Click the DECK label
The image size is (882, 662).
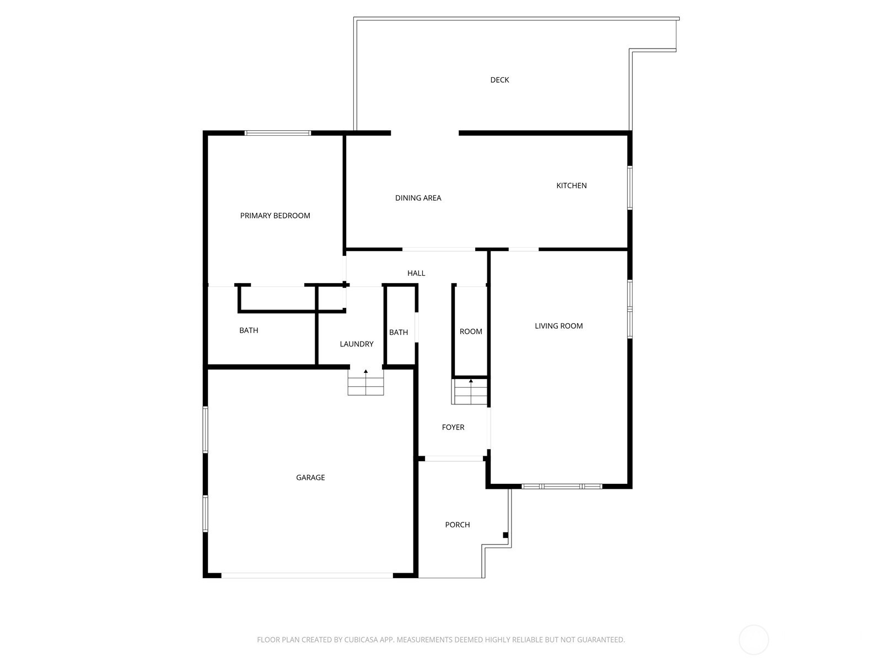[499, 80]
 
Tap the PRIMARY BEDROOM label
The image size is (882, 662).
[275, 216]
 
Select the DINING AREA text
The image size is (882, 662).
[418, 197]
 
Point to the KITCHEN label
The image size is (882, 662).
[571, 185]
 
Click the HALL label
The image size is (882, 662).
[416, 273]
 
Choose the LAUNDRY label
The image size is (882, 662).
[357, 344]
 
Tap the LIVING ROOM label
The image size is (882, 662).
[558, 326]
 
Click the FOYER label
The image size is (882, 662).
[453, 427]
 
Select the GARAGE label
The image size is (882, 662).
[310, 478]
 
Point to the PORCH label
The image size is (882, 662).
[458, 525]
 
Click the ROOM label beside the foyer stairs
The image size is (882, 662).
[471, 332]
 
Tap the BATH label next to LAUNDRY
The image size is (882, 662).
[398, 333]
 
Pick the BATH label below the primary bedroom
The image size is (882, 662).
[249, 330]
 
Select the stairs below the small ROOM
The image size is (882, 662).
[469, 392]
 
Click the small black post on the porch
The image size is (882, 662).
[505, 535]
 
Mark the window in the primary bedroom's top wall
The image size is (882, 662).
[278, 133]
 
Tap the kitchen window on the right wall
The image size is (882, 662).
[630, 188]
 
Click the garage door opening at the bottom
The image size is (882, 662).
[307, 575]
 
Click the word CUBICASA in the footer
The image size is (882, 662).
[361, 639]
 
